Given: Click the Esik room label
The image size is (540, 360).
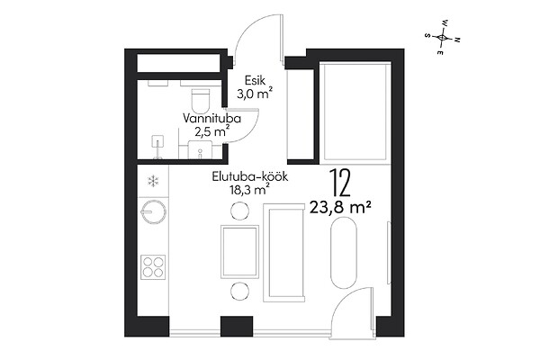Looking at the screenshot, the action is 255,80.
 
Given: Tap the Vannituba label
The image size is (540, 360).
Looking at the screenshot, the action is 211,119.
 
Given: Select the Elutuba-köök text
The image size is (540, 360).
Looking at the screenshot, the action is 249,177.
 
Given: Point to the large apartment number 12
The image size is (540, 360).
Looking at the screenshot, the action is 340,184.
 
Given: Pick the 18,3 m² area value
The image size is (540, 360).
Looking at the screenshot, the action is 249,190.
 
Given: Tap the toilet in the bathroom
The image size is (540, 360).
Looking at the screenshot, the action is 201,98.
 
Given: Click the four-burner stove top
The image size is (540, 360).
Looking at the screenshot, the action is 153,267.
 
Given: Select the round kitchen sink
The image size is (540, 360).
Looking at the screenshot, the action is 154,211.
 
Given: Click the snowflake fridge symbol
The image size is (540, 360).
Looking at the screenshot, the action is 153,181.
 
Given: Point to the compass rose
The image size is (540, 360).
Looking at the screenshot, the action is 442,37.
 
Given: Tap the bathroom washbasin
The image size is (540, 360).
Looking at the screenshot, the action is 200,150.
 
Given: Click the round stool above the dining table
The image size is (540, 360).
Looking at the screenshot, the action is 239,210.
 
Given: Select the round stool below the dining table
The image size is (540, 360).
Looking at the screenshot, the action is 239,292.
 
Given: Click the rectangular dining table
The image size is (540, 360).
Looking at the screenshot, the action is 239,251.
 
